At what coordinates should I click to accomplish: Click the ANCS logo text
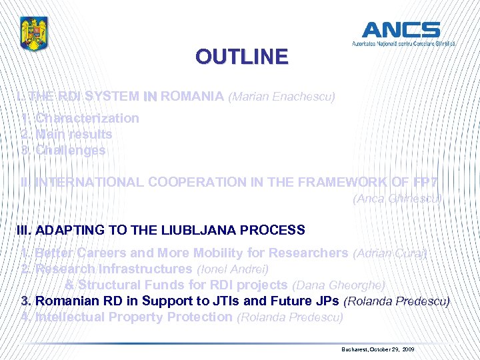pyautogui.click(x=401, y=30)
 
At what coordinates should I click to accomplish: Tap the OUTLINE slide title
pyautogui.click(x=241, y=57)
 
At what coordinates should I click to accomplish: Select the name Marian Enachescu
pyautogui.click(x=281, y=97)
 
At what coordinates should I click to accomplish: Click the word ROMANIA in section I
pyautogui.click(x=192, y=96)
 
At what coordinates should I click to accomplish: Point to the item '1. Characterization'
pyautogui.click(x=80, y=118)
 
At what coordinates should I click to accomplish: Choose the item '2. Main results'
pyautogui.click(x=67, y=134)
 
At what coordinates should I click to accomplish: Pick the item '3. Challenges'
pyautogui.click(x=63, y=150)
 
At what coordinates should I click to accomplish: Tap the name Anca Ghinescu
pyautogui.click(x=397, y=198)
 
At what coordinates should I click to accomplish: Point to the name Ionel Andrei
pyautogui.click(x=233, y=269)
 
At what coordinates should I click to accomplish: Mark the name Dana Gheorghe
pyautogui.click(x=339, y=285)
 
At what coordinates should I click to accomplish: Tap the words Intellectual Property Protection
pyautogui.click(x=133, y=317)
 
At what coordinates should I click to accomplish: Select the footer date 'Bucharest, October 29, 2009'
pyautogui.click(x=377, y=349)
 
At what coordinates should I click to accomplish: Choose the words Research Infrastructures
pyautogui.click(x=113, y=269)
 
